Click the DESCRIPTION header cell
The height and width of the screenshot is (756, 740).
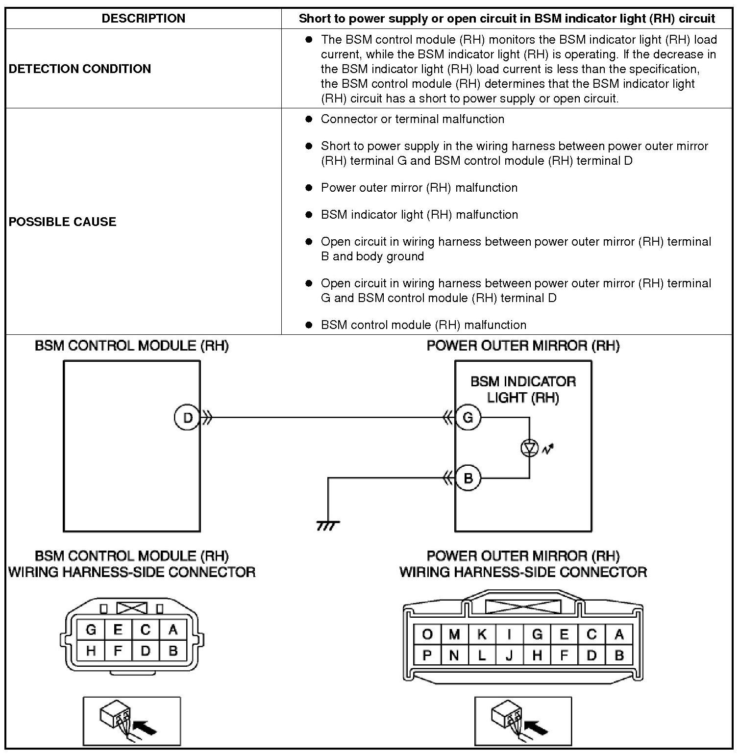point(143,19)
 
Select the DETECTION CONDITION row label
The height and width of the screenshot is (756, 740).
point(80,69)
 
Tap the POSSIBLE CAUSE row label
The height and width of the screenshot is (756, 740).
point(63,222)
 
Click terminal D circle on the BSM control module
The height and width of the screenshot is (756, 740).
point(187,418)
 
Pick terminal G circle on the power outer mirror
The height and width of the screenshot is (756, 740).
point(468,418)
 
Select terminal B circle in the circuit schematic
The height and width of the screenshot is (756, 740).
point(468,478)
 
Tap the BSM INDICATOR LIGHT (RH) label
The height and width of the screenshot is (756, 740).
point(523,389)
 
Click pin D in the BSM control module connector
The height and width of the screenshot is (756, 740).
point(145,651)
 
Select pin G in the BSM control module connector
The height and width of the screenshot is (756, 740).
point(91,630)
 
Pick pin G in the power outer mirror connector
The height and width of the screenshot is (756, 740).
point(537,635)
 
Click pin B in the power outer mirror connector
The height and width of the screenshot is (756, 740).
point(619,655)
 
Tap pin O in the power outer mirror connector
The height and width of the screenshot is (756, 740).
point(427,635)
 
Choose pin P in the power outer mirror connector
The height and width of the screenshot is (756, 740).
point(427,655)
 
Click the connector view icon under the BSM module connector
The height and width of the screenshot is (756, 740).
point(132,721)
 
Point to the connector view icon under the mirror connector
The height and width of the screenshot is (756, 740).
point(523,721)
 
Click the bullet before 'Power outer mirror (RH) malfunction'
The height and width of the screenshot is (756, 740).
point(309,187)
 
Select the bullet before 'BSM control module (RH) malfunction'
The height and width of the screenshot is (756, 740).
point(309,325)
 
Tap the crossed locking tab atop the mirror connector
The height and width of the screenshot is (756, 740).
point(523,606)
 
